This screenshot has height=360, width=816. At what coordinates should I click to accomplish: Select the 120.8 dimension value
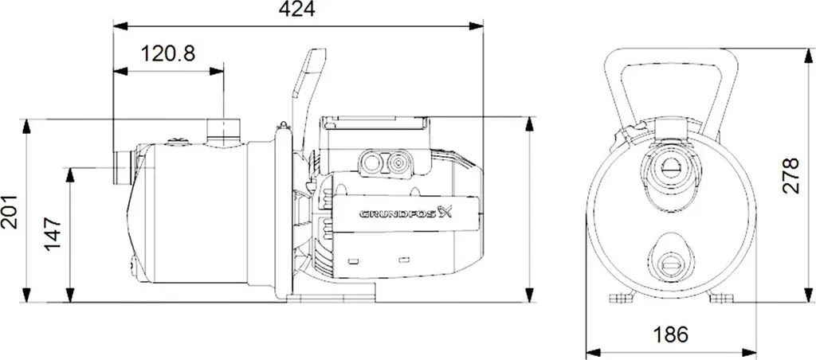coord(169,53)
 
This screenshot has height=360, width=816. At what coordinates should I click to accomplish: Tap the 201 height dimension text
coord(10,212)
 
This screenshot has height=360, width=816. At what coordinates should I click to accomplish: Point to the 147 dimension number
coord(53,235)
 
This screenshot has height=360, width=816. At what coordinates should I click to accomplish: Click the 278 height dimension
coord(790,176)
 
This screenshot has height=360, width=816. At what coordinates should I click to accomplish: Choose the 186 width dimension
coord(671,334)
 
